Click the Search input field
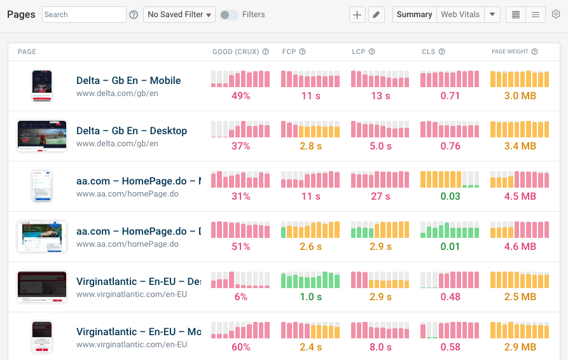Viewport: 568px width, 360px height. (84, 14)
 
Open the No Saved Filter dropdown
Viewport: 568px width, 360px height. (179, 14)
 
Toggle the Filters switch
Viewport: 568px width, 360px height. (228, 14)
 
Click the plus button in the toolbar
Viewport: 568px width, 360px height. (357, 15)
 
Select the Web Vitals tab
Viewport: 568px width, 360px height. (460, 14)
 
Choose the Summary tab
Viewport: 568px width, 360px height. (414, 14)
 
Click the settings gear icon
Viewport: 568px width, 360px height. (556, 14)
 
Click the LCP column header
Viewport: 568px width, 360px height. (359, 52)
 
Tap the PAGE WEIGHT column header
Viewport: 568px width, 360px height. (510, 52)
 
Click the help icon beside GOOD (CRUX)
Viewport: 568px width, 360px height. (265, 52)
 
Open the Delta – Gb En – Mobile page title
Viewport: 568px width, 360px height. (128, 80)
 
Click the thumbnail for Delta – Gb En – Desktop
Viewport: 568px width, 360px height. (42, 135)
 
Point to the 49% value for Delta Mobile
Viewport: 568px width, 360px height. (240, 95)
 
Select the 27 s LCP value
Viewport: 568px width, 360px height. (380, 196)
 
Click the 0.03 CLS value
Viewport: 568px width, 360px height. (450, 196)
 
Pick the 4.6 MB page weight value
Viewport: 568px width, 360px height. (520, 246)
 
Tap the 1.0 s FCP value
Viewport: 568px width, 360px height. (310, 296)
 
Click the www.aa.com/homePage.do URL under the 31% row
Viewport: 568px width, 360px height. (127, 194)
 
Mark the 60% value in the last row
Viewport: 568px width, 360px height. (240, 347)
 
